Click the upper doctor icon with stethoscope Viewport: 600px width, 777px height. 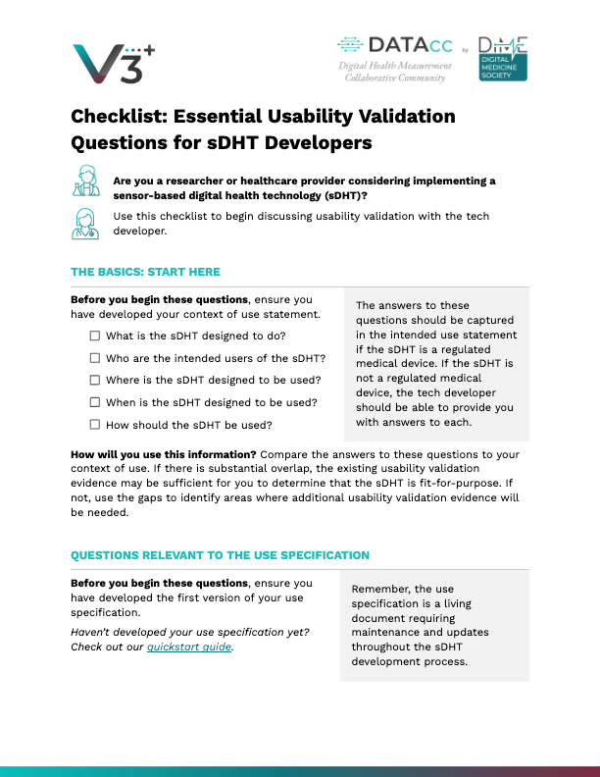coord(86,182)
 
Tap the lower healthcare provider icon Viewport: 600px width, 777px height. coord(86,223)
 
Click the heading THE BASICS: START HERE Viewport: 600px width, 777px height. coord(145,272)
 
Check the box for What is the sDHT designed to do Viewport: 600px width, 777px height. coord(95,336)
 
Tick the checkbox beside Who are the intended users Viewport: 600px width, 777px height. coord(95,358)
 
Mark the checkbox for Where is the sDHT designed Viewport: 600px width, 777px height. coord(95,380)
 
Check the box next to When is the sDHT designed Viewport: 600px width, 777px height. coord(95,402)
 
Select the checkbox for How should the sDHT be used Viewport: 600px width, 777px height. coord(95,425)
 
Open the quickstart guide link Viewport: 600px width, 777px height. coord(189,647)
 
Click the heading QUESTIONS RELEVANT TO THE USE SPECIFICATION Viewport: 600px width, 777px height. coord(220,555)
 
